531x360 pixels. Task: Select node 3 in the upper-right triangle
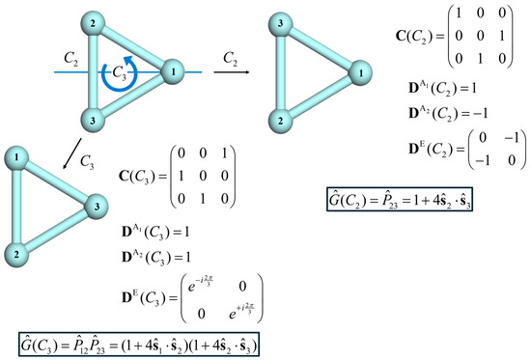(275, 22)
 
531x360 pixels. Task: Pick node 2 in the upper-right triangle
(275, 120)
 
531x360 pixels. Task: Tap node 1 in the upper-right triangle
(361, 70)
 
